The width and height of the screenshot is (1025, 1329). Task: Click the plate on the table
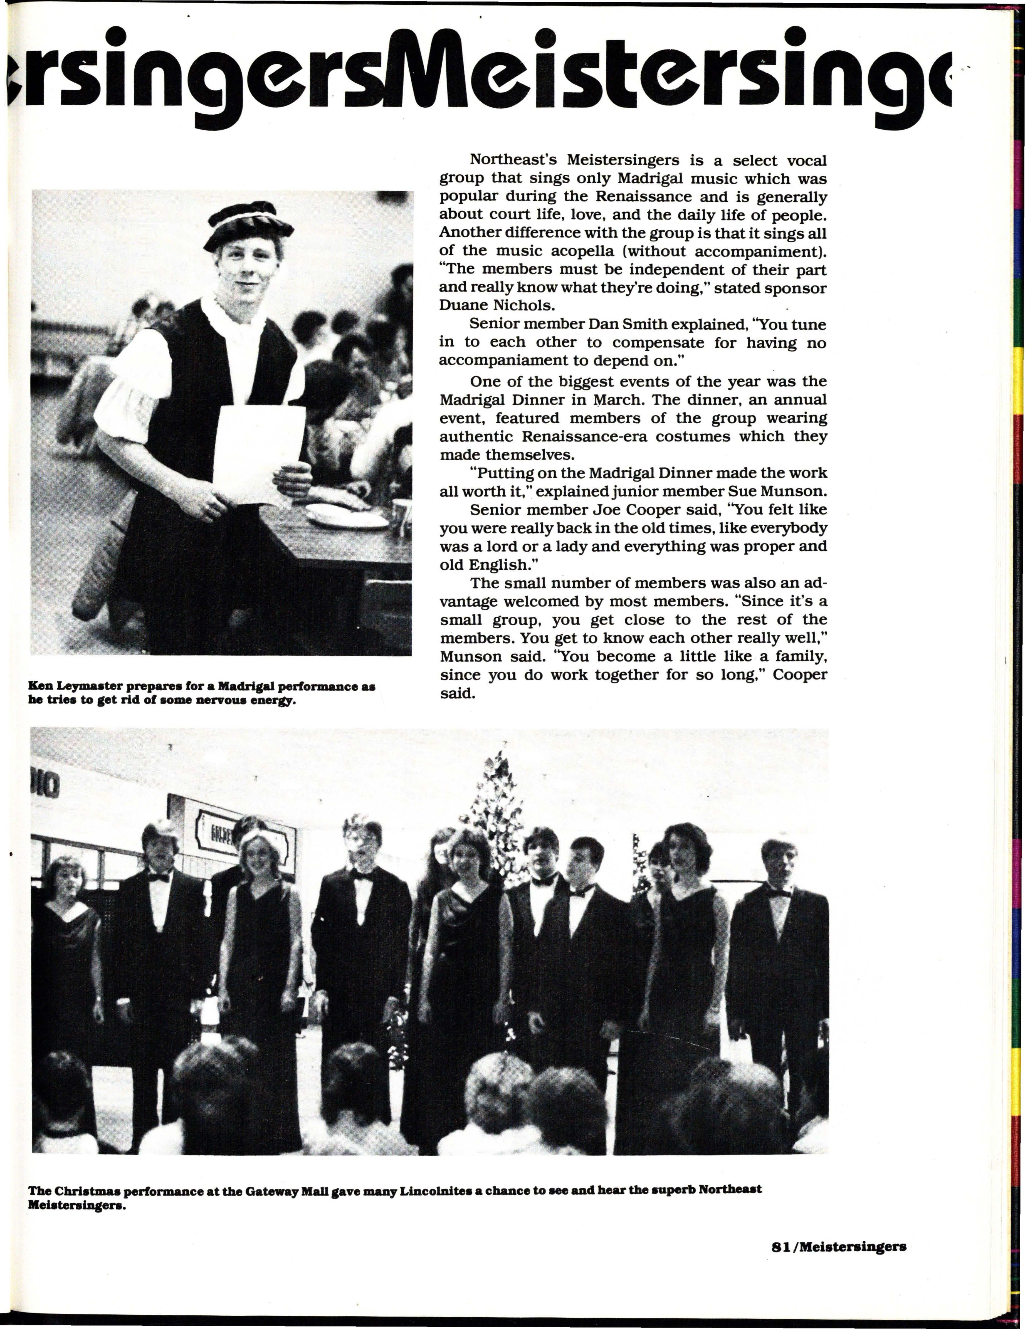(x=347, y=517)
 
